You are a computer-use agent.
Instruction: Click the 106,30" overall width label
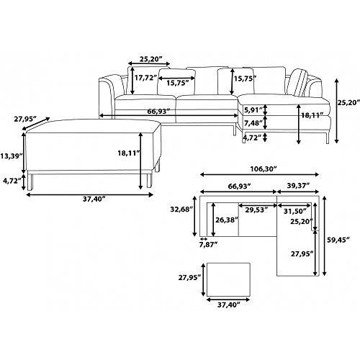(264, 169)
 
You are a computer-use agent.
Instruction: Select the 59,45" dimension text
(339, 240)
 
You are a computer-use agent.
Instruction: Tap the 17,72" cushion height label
(145, 78)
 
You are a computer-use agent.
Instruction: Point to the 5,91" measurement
(253, 110)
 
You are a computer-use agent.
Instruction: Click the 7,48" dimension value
(253, 123)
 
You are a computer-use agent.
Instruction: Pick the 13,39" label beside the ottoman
(12, 156)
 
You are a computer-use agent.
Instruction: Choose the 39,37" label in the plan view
(298, 186)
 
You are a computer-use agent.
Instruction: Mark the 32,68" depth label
(181, 210)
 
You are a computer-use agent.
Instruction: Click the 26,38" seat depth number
(227, 220)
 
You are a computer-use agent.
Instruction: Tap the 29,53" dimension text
(256, 210)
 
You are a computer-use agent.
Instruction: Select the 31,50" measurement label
(295, 211)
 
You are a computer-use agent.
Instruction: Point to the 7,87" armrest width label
(208, 245)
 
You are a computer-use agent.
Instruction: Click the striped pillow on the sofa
(297, 82)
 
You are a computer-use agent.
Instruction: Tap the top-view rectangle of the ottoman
(228, 279)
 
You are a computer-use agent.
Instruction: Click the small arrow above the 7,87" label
(204, 239)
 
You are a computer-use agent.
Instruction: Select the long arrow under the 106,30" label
(260, 174)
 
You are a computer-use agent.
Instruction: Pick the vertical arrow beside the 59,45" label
(325, 236)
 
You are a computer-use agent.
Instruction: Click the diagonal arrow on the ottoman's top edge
(37, 124)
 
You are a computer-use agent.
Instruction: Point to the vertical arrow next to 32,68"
(194, 216)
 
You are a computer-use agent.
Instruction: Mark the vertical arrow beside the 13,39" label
(24, 153)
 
